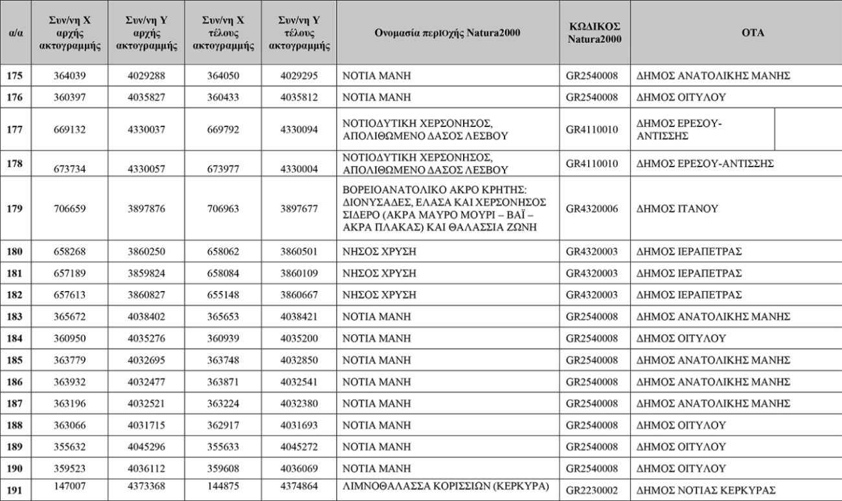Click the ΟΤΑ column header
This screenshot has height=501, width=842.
pos(735,32)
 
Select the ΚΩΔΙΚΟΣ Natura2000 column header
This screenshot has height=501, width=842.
pos(595,32)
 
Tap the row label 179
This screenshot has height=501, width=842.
pos(14,209)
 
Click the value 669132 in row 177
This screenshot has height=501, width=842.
pos(69,130)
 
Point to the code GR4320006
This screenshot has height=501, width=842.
pos(592,209)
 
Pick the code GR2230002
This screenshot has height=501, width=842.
pos(592,491)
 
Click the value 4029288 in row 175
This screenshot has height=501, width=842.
pos(146,76)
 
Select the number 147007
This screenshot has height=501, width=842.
pos(69,485)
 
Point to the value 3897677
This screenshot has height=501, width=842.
pos(299,209)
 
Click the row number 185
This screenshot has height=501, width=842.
pos(14,360)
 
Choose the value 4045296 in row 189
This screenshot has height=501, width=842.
pos(146,447)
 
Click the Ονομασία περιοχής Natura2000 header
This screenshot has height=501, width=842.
pos(447,32)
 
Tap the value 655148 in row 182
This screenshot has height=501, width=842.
pos(223,295)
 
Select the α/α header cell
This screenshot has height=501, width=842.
pos(14,32)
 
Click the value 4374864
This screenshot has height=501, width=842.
pos(299,485)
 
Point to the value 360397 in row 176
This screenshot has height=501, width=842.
pos(69,97)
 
